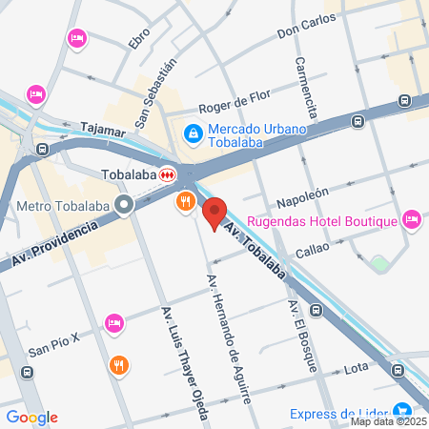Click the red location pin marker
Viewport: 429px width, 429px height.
click(214, 214)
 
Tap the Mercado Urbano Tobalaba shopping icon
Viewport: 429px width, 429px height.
click(193, 133)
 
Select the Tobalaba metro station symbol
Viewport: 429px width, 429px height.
click(168, 174)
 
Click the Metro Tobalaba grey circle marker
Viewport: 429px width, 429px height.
click(124, 205)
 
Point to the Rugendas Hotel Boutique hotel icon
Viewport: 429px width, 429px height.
click(412, 220)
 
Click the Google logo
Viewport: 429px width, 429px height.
click(31, 418)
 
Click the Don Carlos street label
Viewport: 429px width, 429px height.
click(306, 26)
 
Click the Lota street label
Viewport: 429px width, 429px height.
click(356, 367)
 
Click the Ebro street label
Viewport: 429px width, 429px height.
click(139, 41)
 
